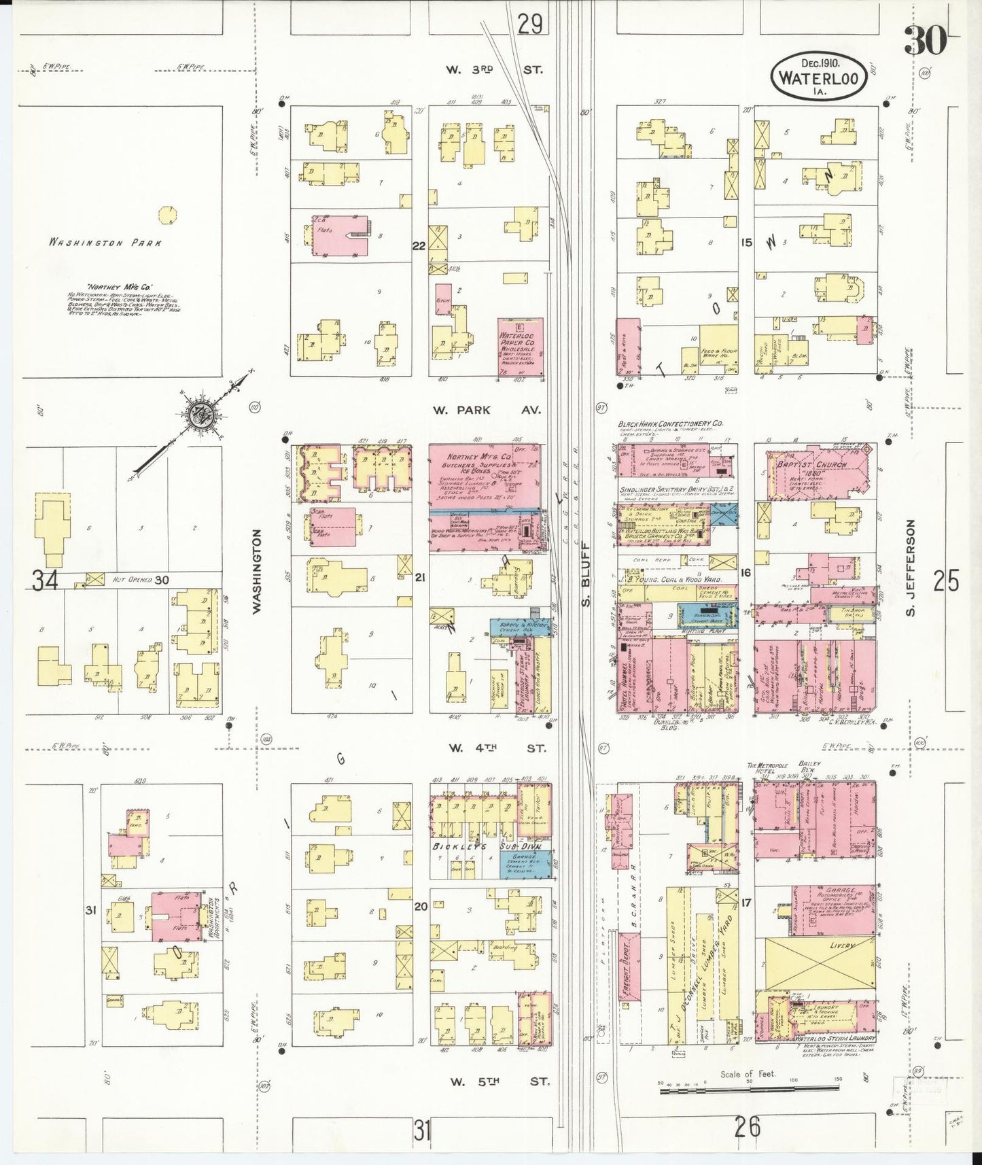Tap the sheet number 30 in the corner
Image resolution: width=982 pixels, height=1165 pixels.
click(x=925, y=41)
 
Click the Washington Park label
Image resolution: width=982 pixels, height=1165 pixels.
click(x=105, y=243)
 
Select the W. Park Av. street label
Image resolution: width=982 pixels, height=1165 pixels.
click(x=487, y=410)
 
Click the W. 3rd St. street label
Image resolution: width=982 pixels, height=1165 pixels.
click(x=494, y=69)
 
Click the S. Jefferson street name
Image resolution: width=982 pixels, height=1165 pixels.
click(x=911, y=568)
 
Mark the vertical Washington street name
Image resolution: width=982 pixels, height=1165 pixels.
click(x=257, y=572)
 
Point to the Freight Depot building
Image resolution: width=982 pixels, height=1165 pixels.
click(x=629, y=966)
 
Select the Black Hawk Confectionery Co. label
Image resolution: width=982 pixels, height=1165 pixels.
click(x=670, y=423)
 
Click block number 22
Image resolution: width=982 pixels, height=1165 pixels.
click(x=419, y=245)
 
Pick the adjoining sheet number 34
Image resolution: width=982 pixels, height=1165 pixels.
click(x=45, y=580)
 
